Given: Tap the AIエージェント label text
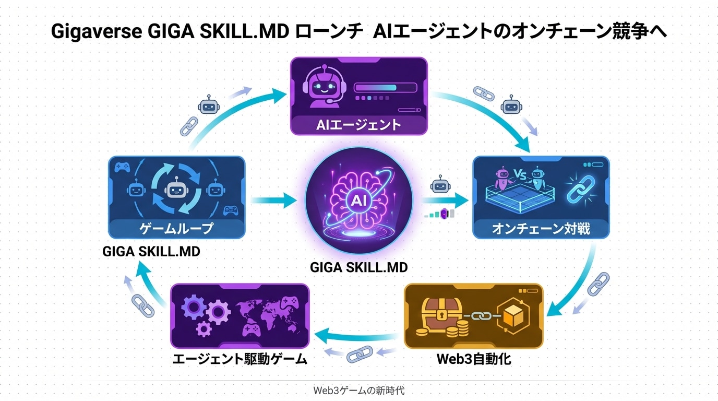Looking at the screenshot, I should pyautogui.click(x=359, y=125).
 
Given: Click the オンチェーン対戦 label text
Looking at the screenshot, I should pyautogui.click(x=541, y=229).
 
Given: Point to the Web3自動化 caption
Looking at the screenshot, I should pyautogui.click(x=474, y=359).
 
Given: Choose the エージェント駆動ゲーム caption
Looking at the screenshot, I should pyautogui.click(x=240, y=360).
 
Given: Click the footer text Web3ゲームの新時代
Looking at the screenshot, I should pyautogui.click(x=359, y=390).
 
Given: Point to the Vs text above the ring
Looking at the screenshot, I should pyautogui.click(x=519, y=174).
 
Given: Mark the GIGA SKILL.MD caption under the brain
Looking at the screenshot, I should pyautogui.click(x=358, y=267).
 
